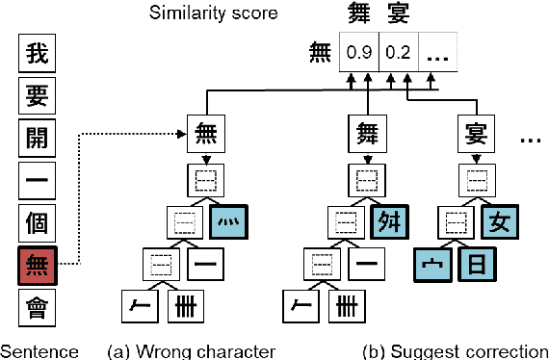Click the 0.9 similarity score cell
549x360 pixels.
[x=358, y=54]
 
